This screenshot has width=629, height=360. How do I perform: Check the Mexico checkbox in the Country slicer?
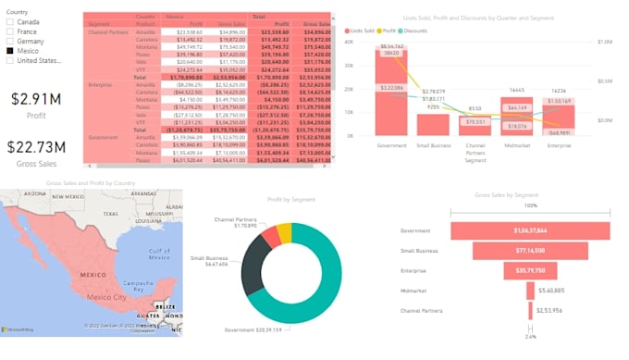(x=10, y=51)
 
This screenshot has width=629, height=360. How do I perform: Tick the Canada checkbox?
(x=10, y=21)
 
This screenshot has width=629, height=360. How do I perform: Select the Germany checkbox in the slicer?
(x=10, y=41)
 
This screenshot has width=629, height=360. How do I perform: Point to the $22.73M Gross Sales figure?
(x=37, y=147)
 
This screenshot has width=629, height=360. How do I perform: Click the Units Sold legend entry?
(x=364, y=31)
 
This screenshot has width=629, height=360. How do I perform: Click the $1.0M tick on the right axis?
(x=606, y=42)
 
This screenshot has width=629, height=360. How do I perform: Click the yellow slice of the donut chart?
(x=284, y=231)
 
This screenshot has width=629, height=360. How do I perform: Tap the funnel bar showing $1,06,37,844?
(x=531, y=230)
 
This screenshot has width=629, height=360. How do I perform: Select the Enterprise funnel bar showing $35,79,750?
(x=531, y=270)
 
